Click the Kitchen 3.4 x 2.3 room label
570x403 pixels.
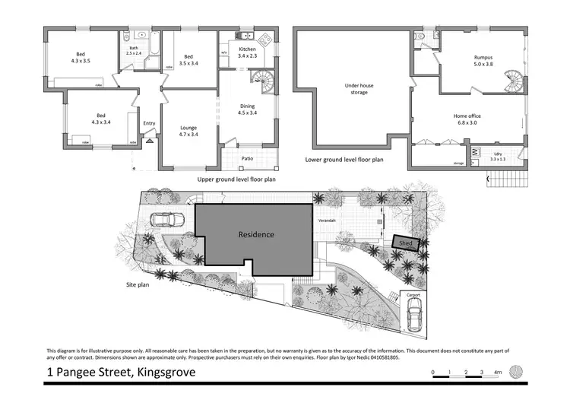pyautogui.click(x=246, y=52)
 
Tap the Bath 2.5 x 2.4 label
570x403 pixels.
pyautogui.click(x=133, y=51)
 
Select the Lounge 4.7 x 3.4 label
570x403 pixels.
pyautogui.click(x=188, y=131)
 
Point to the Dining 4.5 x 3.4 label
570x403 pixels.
pyautogui.click(x=247, y=112)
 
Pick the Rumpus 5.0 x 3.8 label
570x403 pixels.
pyautogui.click(x=479, y=61)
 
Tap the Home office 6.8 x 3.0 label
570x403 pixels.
pyautogui.click(x=468, y=119)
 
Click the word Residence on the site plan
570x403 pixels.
pyautogui.click(x=255, y=235)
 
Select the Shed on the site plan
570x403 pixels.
pyautogui.click(x=406, y=243)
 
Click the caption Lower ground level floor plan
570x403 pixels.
pyautogui.click(x=344, y=160)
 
